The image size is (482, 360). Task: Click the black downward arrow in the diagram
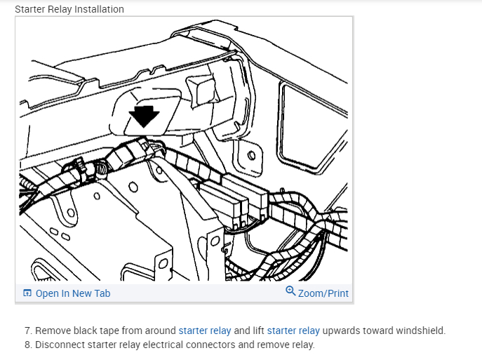145,115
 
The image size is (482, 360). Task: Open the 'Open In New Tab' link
73,293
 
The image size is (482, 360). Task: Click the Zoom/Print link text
323,293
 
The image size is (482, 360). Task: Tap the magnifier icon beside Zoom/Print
290,292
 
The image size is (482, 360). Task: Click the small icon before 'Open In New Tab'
27,293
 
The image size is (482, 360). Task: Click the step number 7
28,331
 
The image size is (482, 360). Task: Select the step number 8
28,345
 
